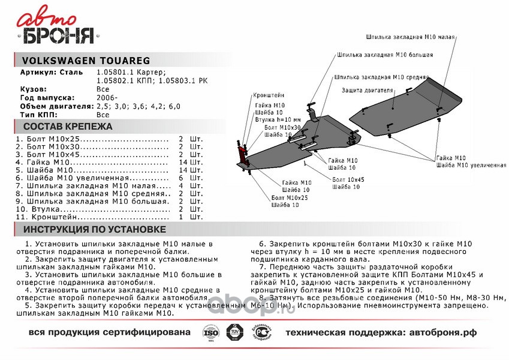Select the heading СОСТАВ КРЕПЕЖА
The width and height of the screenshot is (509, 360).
pos(67,127)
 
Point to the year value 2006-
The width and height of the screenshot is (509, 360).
pos(107,97)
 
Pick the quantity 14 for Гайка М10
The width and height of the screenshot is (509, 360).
pos(183,162)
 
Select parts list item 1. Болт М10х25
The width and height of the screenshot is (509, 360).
pos(52,139)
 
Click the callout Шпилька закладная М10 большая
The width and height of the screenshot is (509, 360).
pos(384,55)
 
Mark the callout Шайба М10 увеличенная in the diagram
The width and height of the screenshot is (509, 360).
pos(471,165)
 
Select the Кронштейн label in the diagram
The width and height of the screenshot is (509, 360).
pos(268,95)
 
